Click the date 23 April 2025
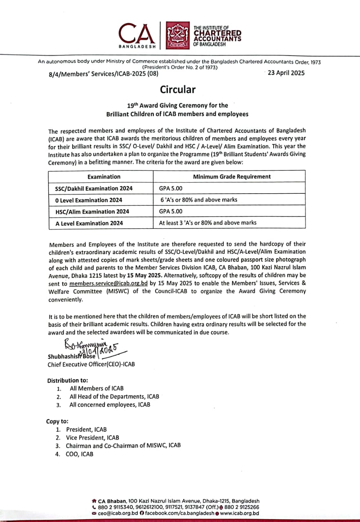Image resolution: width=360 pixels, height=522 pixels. [x=286, y=73]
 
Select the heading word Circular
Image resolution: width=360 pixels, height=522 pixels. [x=177, y=89]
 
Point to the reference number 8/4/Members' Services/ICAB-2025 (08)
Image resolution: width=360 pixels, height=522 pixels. [x=103, y=74]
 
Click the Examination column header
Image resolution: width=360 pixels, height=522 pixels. [x=104, y=177]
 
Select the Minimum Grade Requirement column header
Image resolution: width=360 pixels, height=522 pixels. [x=232, y=177]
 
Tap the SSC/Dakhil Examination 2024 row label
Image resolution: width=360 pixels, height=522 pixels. [x=94, y=188]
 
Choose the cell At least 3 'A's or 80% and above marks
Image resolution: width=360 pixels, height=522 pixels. [x=208, y=223]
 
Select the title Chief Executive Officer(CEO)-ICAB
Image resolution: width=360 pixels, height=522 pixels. [x=91, y=364]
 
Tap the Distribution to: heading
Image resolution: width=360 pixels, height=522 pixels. [x=67, y=380]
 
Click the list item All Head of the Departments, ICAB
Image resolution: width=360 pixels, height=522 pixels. [x=114, y=396]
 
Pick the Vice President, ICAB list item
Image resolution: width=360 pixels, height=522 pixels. [x=93, y=437]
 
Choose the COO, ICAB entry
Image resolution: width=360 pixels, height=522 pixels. [x=80, y=453]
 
